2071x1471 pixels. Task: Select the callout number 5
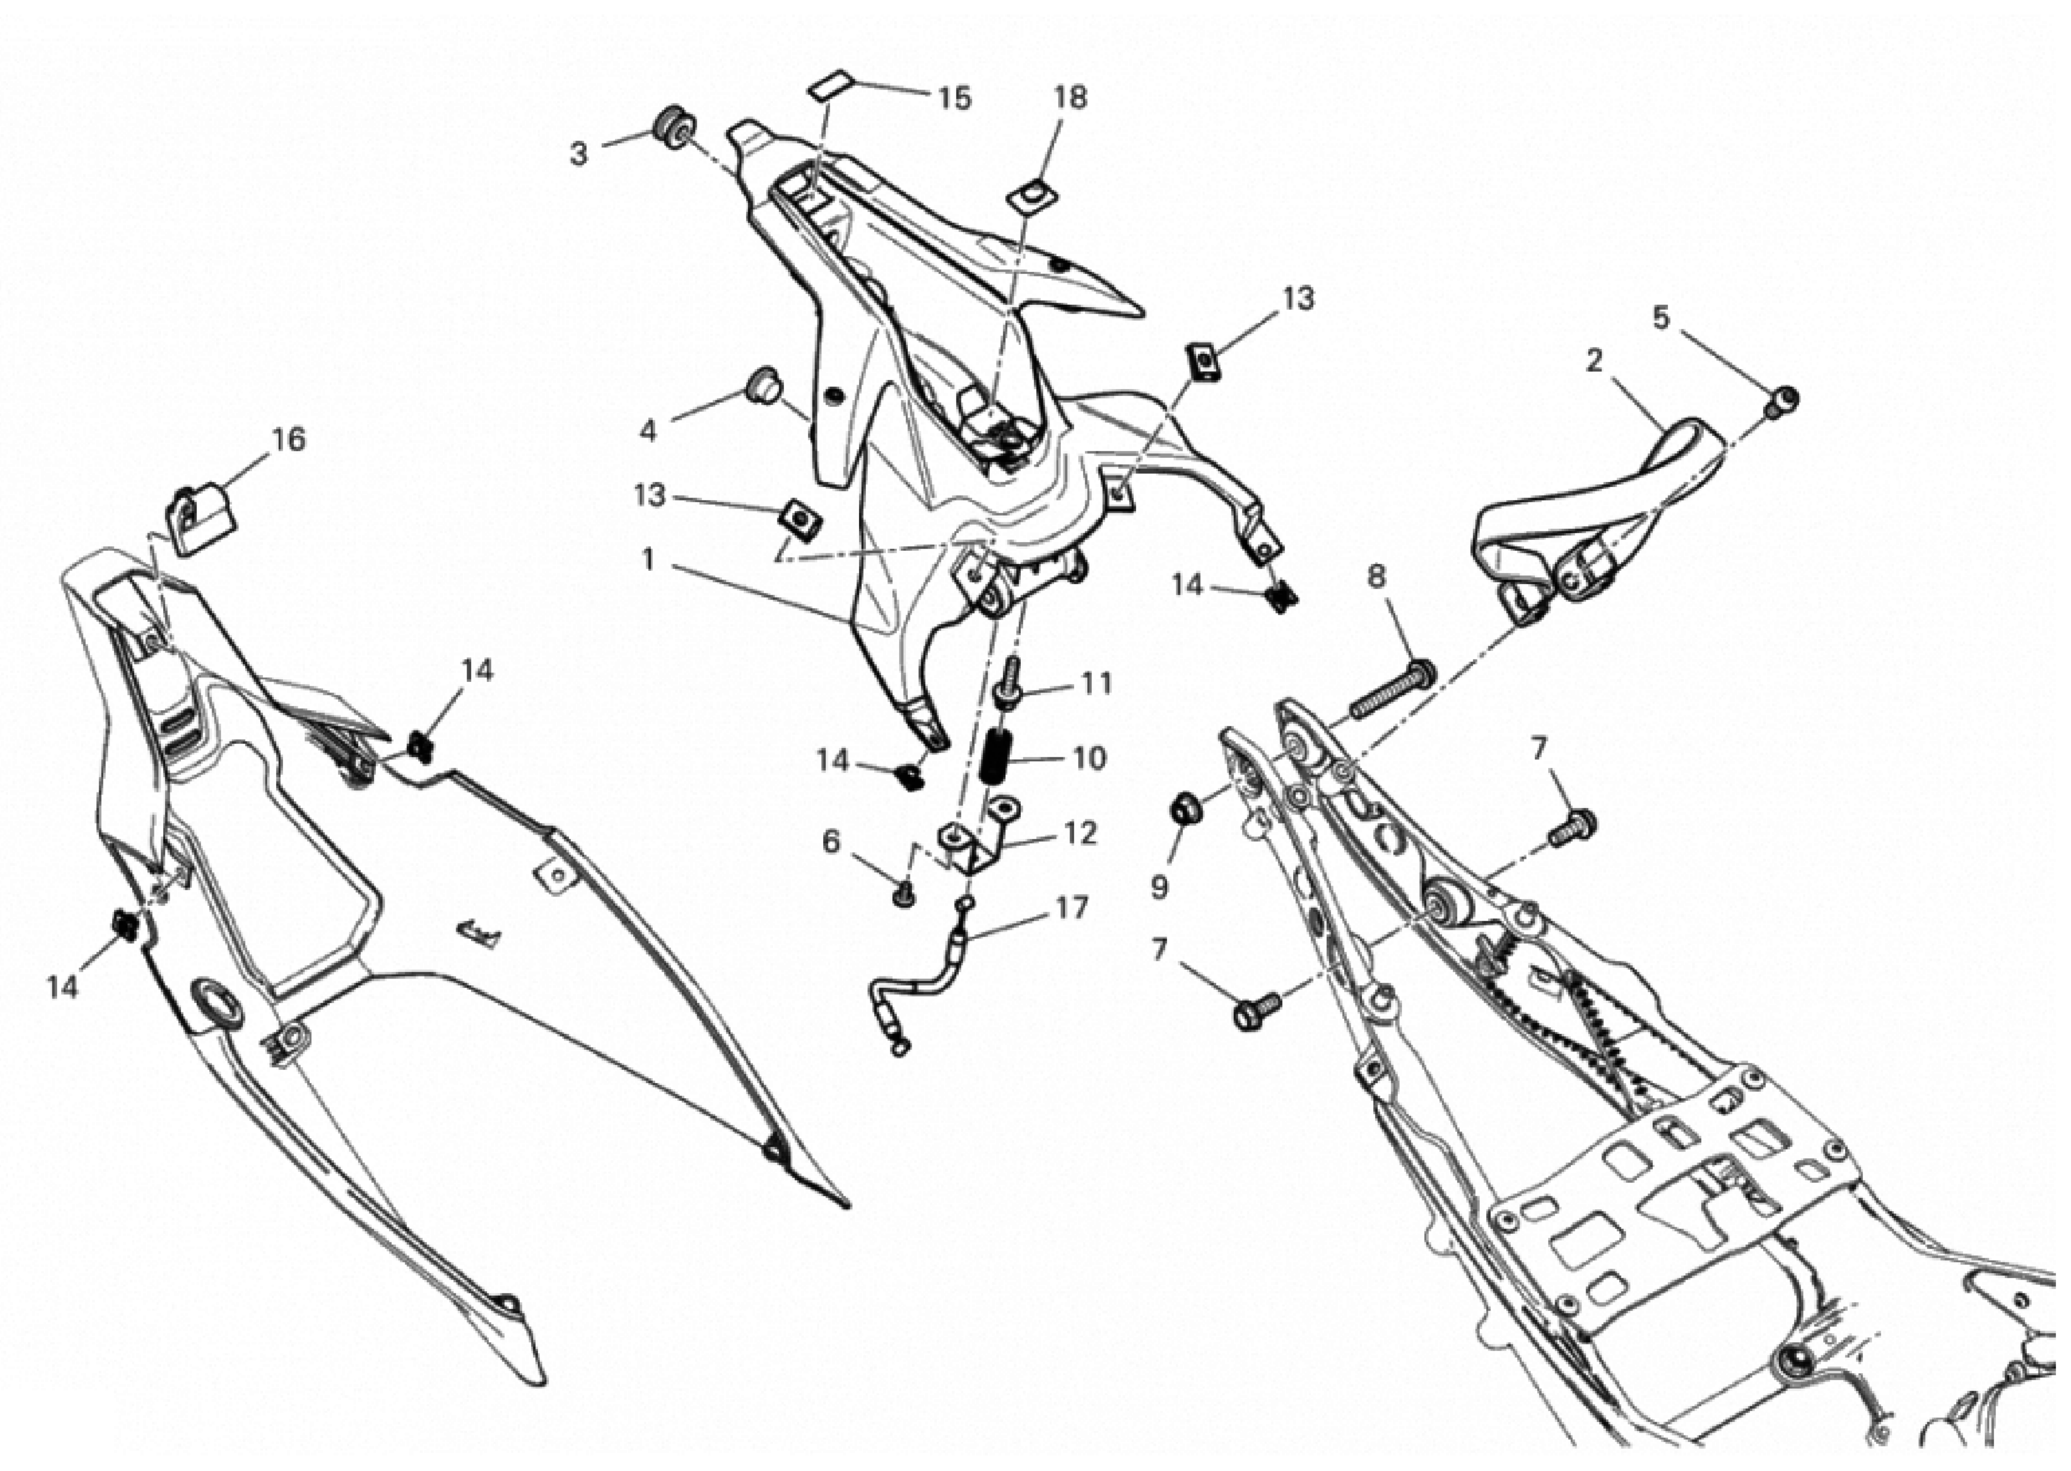tap(1660, 318)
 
